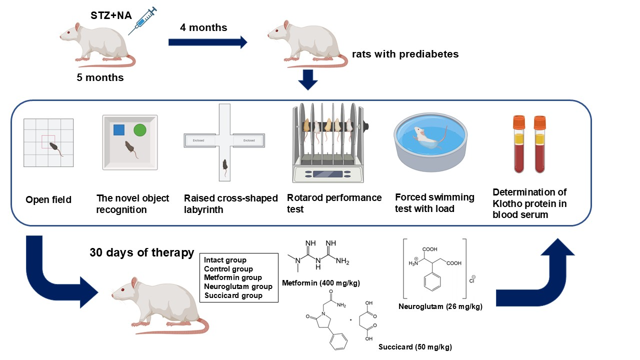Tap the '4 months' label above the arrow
tap(203, 27)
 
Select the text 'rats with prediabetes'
tap(405, 54)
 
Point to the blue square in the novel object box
tap(118, 130)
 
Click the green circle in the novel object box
tap(140, 130)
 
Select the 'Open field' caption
tap(48, 200)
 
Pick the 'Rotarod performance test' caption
tap(334, 203)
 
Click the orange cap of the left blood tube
tap(518, 121)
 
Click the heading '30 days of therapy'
tap(142, 252)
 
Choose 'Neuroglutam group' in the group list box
tap(238, 286)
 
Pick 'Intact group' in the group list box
tap(225, 260)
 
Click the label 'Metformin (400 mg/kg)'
tap(321, 283)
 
